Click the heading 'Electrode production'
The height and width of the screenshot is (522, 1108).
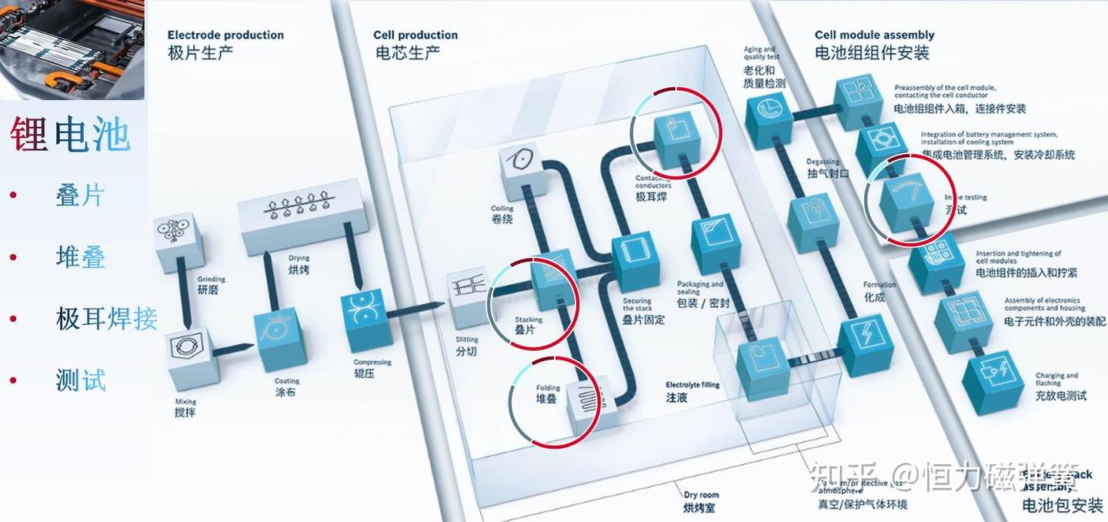[225, 35]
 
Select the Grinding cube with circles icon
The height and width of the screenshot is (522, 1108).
[179, 242]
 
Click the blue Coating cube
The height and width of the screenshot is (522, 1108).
[279, 338]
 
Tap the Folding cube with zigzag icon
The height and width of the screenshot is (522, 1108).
[592, 403]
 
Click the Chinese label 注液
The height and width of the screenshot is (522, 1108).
[677, 397]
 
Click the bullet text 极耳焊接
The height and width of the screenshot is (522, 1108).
[106, 318]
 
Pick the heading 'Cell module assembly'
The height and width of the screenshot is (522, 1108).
[874, 35]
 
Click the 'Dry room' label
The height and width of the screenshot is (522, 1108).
[701, 495]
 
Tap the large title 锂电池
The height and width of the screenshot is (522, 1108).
[70, 135]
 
